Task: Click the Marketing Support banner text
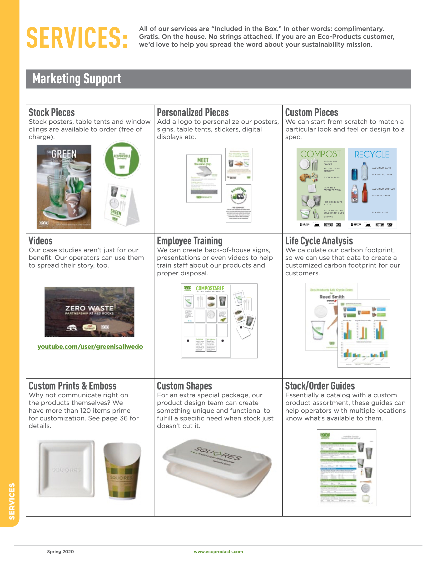(77, 79)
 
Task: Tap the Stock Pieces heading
(51, 112)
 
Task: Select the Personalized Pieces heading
(193, 112)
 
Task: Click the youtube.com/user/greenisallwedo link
(90, 347)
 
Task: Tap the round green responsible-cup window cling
(122, 159)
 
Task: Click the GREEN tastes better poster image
(64, 187)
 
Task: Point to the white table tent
(121, 205)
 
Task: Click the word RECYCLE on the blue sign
(372, 154)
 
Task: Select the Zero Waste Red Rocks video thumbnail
(89, 312)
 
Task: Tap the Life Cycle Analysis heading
(319, 241)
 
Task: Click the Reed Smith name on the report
(332, 297)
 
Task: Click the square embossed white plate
(66, 469)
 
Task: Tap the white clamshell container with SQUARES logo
(217, 468)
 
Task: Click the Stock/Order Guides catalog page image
(346, 468)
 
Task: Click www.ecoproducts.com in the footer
(218, 551)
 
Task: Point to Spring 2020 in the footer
(60, 551)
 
